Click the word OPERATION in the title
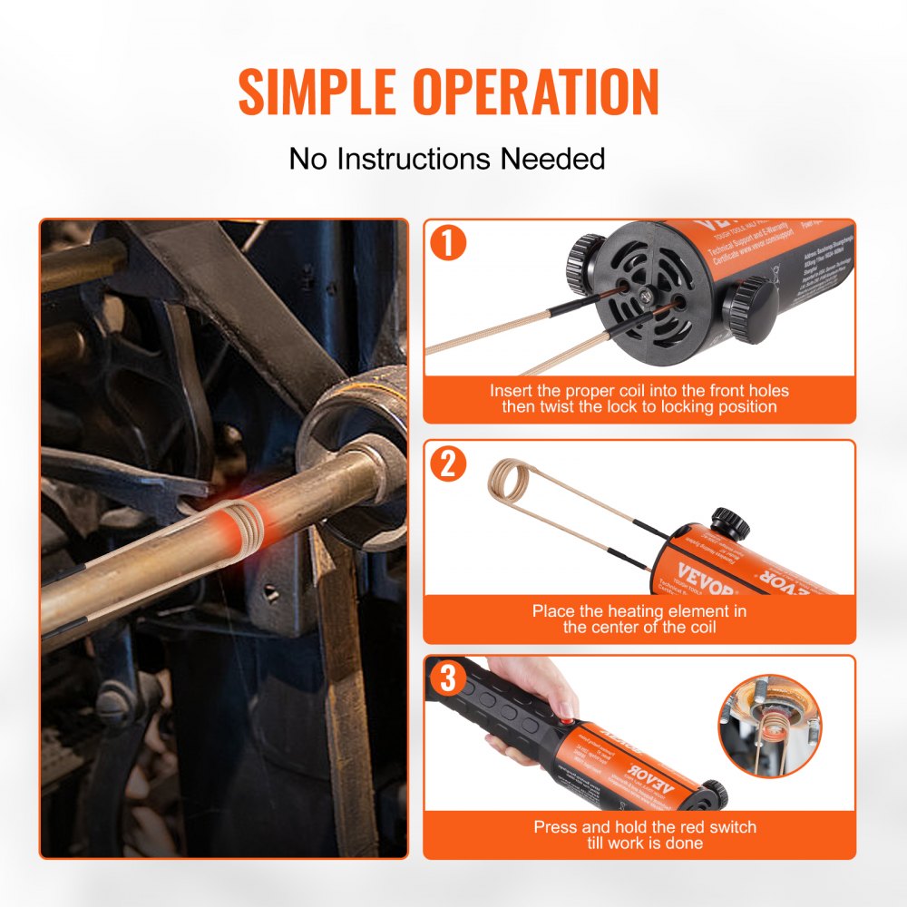pos(536,91)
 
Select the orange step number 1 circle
pos(448,245)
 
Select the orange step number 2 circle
pos(448,464)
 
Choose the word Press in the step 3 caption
pos(554,826)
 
